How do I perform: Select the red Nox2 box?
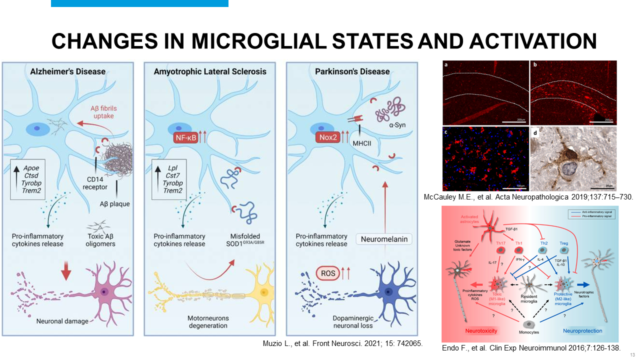click(326, 136)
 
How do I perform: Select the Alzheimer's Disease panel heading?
click(67, 71)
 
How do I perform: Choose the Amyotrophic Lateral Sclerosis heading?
click(209, 71)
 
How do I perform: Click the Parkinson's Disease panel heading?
click(352, 71)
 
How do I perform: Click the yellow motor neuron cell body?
click(262, 291)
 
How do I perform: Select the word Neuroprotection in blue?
click(582, 331)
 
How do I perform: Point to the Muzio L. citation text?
click(342, 344)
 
